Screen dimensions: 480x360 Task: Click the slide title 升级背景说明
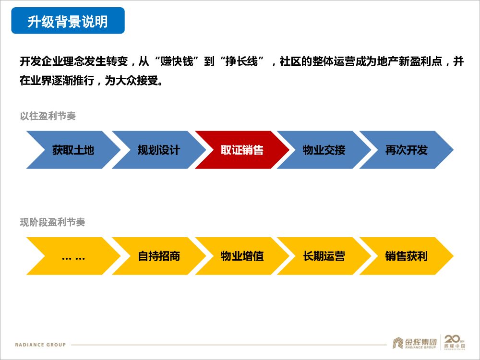(x=68, y=21)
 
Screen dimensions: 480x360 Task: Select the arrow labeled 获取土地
(x=73, y=150)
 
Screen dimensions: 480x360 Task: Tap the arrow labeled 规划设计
(x=158, y=150)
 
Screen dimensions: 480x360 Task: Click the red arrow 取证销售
(x=242, y=150)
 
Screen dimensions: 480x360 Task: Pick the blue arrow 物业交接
(x=324, y=150)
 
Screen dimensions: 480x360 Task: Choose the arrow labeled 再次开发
(x=406, y=150)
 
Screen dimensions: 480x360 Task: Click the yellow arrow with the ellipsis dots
(x=73, y=256)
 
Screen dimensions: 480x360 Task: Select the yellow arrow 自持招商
(x=158, y=256)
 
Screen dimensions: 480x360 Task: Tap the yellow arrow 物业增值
(x=242, y=256)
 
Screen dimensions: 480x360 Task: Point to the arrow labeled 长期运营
(x=324, y=256)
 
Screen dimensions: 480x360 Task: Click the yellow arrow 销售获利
(x=406, y=256)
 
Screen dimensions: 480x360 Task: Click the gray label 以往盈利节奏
(x=48, y=116)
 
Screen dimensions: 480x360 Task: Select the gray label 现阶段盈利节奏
(x=52, y=222)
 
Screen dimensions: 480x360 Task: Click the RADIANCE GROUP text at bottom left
(x=40, y=345)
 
